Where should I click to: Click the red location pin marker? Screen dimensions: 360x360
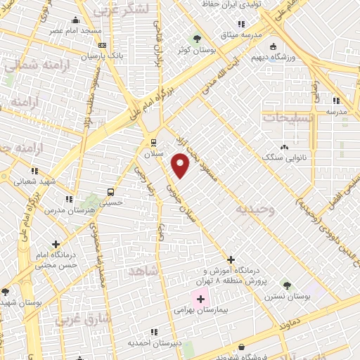pos(181,165)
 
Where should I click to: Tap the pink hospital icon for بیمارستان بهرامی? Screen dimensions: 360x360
pos(200,299)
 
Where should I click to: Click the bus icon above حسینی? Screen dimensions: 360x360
pos(110,191)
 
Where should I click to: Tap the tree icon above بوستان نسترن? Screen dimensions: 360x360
pos(286,285)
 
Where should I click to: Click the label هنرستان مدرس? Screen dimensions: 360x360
pos(64,210)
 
